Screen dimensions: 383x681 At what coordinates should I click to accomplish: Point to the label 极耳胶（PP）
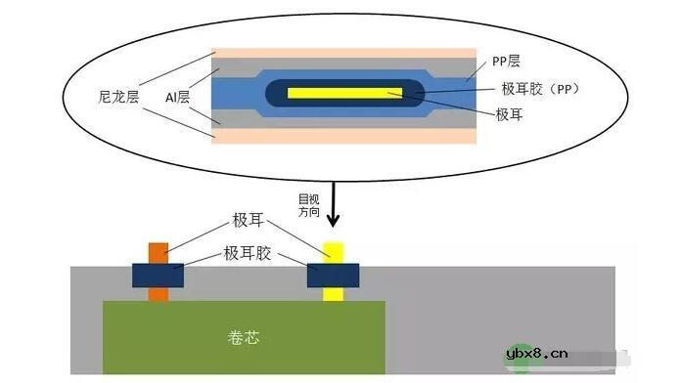pyautogui.click(x=534, y=90)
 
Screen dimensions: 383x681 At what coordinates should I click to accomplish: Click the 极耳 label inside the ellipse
pyautogui.click(x=510, y=115)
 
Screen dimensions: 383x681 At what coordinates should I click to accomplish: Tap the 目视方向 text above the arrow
pyautogui.click(x=308, y=204)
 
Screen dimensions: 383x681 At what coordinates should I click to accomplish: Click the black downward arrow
pyautogui.click(x=333, y=205)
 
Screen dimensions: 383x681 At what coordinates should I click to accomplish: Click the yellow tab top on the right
pyautogui.click(x=333, y=251)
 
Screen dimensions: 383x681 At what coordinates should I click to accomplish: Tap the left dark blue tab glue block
pyautogui.click(x=158, y=275)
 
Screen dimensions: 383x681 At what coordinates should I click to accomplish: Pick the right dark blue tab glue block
pyautogui.click(x=333, y=275)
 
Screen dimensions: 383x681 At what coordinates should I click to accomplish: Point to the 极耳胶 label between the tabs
pyautogui.click(x=247, y=254)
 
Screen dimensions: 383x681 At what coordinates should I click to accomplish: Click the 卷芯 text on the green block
pyautogui.click(x=244, y=339)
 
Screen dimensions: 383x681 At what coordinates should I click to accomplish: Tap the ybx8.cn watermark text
pyautogui.click(x=568, y=353)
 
